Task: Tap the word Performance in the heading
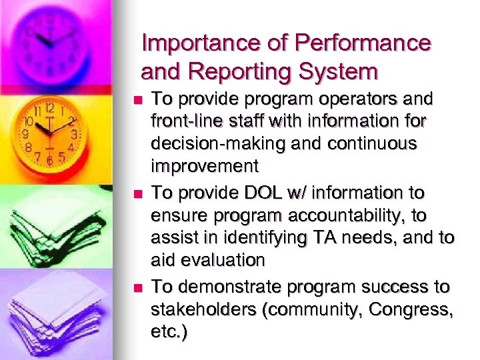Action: (363, 44)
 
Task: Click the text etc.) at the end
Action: (170, 331)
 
